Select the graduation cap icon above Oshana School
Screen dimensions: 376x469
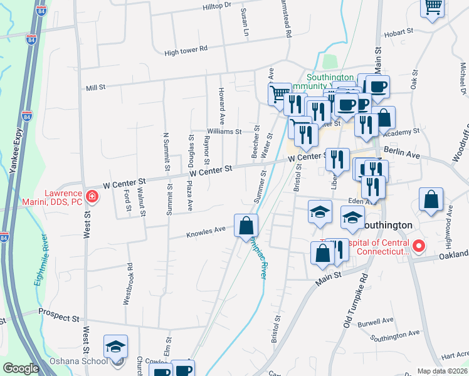[116, 347]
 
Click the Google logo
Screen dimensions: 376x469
[21, 368]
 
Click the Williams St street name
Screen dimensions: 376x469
[225, 132]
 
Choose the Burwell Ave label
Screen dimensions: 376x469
[376, 322]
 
